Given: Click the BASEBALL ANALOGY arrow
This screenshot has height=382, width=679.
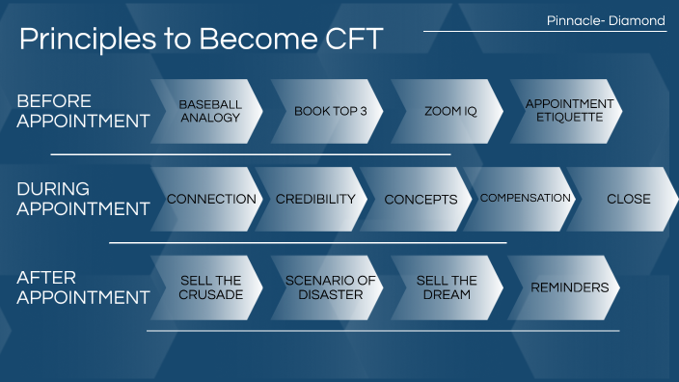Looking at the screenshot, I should (x=209, y=111).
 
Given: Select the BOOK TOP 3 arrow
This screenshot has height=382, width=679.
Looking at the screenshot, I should (x=329, y=111).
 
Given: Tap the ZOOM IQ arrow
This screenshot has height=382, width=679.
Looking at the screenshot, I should (x=449, y=111).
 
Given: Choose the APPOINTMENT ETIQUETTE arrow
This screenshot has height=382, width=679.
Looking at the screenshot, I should (x=568, y=111).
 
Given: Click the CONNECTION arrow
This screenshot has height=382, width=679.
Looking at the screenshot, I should (x=211, y=200).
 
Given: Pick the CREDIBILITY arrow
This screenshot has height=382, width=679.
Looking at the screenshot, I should (x=315, y=200).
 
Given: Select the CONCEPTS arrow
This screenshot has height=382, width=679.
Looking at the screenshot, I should (x=421, y=200).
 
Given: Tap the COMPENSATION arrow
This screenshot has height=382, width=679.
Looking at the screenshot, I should (x=525, y=199).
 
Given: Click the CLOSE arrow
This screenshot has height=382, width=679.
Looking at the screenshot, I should (x=628, y=200).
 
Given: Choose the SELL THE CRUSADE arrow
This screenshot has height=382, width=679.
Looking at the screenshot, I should (x=209, y=287).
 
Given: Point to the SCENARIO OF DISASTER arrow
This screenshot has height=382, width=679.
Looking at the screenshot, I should (x=329, y=287).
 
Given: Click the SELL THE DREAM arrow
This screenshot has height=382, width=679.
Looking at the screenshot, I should (x=447, y=287).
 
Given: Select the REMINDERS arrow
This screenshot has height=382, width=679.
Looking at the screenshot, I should (x=568, y=287).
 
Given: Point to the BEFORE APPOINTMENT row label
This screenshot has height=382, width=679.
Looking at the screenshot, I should (x=83, y=111).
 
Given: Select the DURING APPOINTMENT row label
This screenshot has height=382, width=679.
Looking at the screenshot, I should (x=83, y=199).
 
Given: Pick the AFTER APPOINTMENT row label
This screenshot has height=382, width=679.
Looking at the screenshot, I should (x=83, y=287).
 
